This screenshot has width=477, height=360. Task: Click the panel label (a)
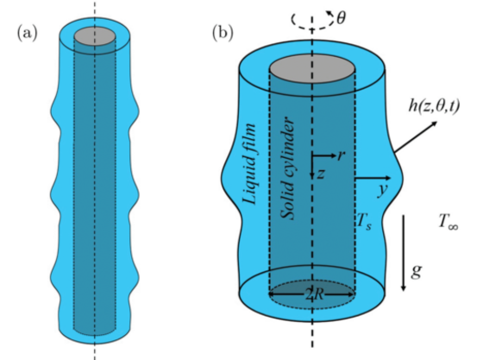28,33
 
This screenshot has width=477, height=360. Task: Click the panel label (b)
223,32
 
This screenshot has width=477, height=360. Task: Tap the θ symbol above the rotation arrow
342,18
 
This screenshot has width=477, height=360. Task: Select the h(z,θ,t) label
434,105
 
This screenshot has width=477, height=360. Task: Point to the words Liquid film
249,164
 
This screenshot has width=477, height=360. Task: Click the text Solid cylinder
287,168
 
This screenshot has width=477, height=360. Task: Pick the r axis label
342,155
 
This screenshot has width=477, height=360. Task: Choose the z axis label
321,174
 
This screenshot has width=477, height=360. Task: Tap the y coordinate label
383,190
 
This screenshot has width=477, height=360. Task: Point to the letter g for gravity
417,270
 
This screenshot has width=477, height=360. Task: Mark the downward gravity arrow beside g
404,253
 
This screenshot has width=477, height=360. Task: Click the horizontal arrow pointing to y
373,178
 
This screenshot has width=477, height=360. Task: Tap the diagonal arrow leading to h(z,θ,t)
416,136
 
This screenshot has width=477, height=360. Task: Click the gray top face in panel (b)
312,69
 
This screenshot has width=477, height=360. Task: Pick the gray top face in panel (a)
95,36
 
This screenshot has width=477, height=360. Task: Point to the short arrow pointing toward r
324,156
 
